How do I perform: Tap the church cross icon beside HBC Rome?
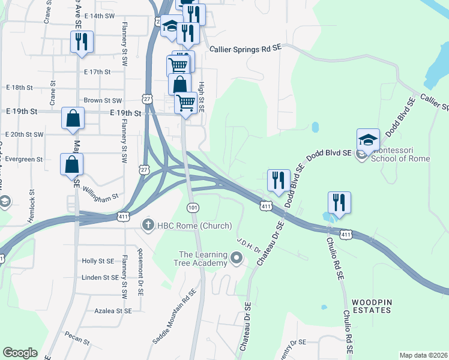148,225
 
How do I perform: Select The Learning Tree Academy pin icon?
237,259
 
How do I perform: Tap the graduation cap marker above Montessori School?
368,140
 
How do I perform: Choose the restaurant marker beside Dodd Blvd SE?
277,181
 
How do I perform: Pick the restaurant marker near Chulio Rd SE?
339,203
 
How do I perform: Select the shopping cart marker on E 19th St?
186,103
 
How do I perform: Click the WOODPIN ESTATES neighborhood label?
372,306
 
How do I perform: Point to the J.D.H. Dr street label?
248,246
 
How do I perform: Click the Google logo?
20,353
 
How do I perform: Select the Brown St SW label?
103,101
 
